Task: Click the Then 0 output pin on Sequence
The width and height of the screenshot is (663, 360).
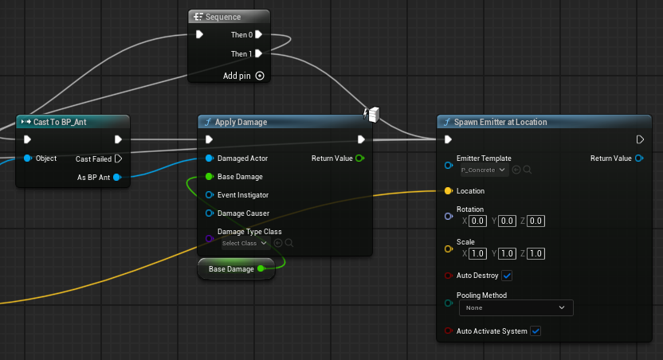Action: [x=259, y=35]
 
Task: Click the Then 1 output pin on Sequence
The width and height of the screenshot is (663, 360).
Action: [x=259, y=53]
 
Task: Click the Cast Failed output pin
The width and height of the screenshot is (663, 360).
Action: [x=119, y=158]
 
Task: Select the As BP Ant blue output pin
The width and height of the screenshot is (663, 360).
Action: [x=117, y=177]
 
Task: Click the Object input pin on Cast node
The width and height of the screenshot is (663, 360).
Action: [x=28, y=158]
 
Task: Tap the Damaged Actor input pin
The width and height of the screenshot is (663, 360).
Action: [x=210, y=158]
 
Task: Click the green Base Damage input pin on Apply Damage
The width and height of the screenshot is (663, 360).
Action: [x=210, y=176]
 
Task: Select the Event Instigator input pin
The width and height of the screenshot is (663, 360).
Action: [x=210, y=195]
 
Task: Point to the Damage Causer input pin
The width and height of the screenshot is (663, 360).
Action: [x=210, y=213]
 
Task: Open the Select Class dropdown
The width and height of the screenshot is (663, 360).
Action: [x=245, y=243]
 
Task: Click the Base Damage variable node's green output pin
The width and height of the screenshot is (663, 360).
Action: [x=261, y=268]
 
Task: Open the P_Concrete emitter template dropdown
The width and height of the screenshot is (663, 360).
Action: [x=484, y=170]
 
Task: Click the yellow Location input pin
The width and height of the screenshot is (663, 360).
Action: [x=449, y=190]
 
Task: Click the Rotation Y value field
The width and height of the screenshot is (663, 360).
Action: [x=507, y=221]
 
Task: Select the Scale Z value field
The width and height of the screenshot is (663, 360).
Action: [x=535, y=253]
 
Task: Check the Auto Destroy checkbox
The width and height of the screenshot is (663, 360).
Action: [x=507, y=276]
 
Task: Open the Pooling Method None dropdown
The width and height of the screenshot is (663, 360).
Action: [x=516, y=307]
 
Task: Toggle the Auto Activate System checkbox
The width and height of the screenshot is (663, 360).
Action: [x=535, y=331]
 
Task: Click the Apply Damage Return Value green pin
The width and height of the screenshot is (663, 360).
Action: [x=360, y=158]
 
